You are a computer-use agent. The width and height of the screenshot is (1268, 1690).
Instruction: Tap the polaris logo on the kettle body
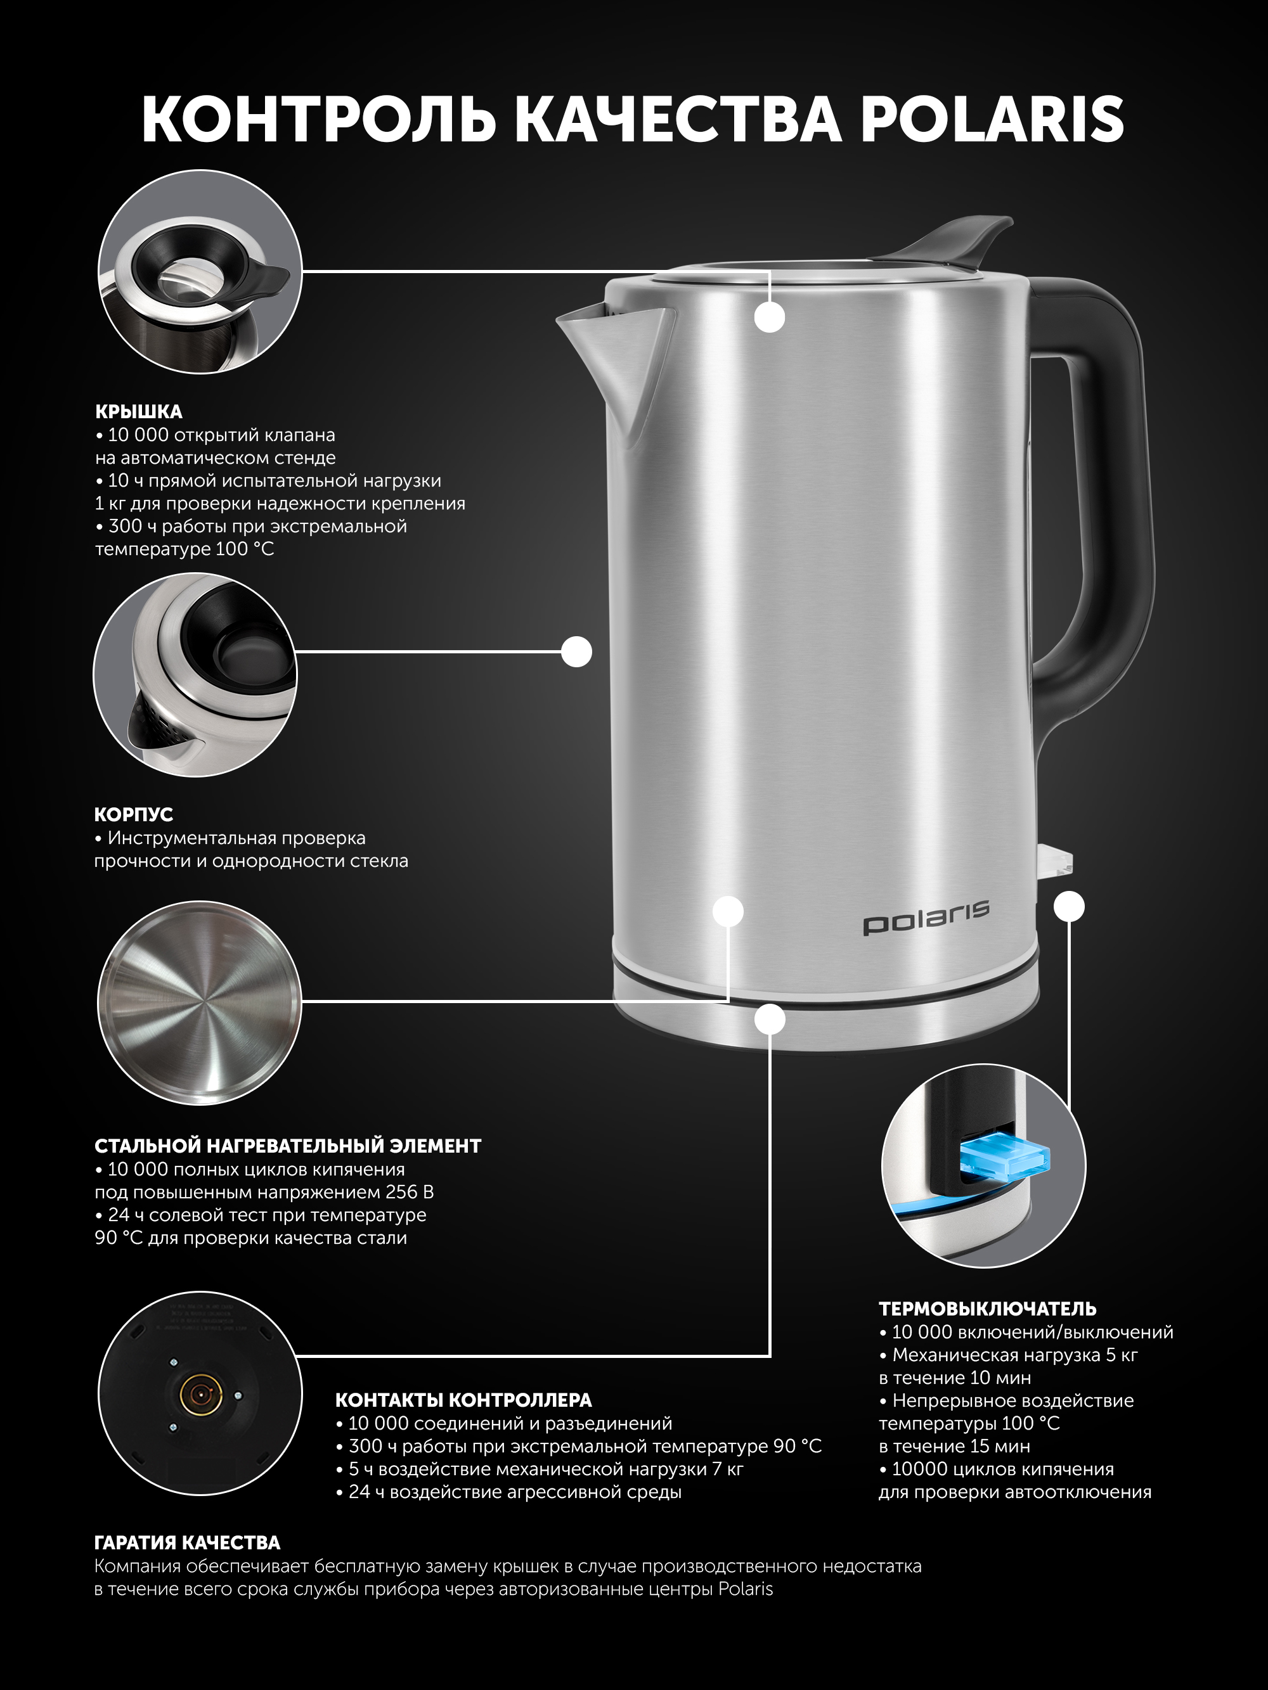point(926,916)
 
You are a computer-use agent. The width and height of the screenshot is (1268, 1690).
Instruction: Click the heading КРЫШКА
point(138,412)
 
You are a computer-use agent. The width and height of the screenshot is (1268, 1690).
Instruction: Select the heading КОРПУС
point(134,814)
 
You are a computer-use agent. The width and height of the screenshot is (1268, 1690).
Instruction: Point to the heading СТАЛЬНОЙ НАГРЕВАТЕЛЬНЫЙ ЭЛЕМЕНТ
point(287,1146)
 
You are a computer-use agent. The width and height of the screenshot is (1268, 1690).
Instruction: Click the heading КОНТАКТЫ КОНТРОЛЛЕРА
point(463,1400)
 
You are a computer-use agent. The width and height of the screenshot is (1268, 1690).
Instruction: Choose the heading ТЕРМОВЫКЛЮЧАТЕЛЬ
point(988,1309)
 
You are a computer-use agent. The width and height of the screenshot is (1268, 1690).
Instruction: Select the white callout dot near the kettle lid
point(770,316)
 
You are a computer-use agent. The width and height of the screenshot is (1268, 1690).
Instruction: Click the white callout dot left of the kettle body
point(576,651)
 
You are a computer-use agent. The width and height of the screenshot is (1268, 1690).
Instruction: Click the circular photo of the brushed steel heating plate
point(200,1002)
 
